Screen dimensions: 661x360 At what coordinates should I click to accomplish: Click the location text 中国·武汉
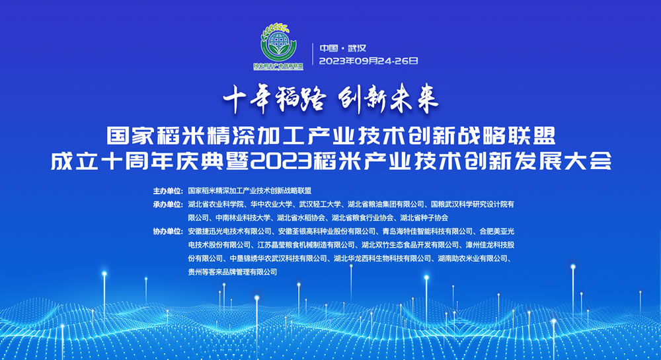click(342, 48)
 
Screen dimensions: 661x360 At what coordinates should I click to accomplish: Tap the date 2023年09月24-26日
click(368, 61)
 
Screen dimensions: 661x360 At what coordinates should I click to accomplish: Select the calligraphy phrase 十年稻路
click(274, 99)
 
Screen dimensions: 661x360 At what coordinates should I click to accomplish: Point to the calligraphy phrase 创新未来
click(389, 99)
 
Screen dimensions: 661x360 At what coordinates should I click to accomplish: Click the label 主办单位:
click(168, 191)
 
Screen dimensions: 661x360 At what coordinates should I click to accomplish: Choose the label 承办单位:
click(168, 204)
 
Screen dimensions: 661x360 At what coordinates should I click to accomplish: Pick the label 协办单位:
click(168, 231)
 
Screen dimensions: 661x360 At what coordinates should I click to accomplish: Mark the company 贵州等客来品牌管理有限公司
click(232, 272)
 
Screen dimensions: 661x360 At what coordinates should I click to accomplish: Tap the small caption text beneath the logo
click(278, 67)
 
